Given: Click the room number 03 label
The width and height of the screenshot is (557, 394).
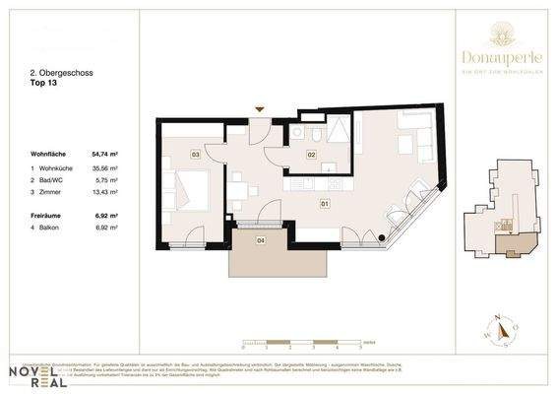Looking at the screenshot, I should coord(196,155).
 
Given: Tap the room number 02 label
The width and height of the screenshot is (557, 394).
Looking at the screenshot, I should coord(311,155).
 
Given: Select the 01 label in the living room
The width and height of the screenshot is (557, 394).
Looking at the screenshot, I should coord(324,204).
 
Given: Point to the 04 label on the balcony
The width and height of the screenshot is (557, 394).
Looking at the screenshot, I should coord(261,239).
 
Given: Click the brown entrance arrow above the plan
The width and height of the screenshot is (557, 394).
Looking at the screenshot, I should coord(260,108).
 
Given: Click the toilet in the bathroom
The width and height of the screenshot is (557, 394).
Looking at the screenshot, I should coord(319,134).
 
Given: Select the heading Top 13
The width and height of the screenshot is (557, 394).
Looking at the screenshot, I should coord(44,85).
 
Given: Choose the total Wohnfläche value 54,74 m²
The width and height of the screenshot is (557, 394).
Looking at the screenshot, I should coord(105,154).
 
